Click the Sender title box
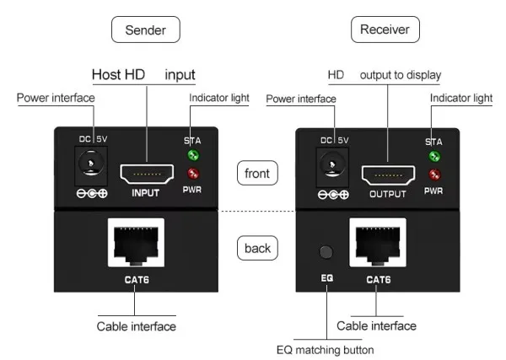pos(146,31)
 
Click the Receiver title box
pos(385,30)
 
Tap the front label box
pos(257,174)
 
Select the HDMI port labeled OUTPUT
pos(387,175)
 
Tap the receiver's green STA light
pos(435,157)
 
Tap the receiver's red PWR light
pos(435,175)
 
